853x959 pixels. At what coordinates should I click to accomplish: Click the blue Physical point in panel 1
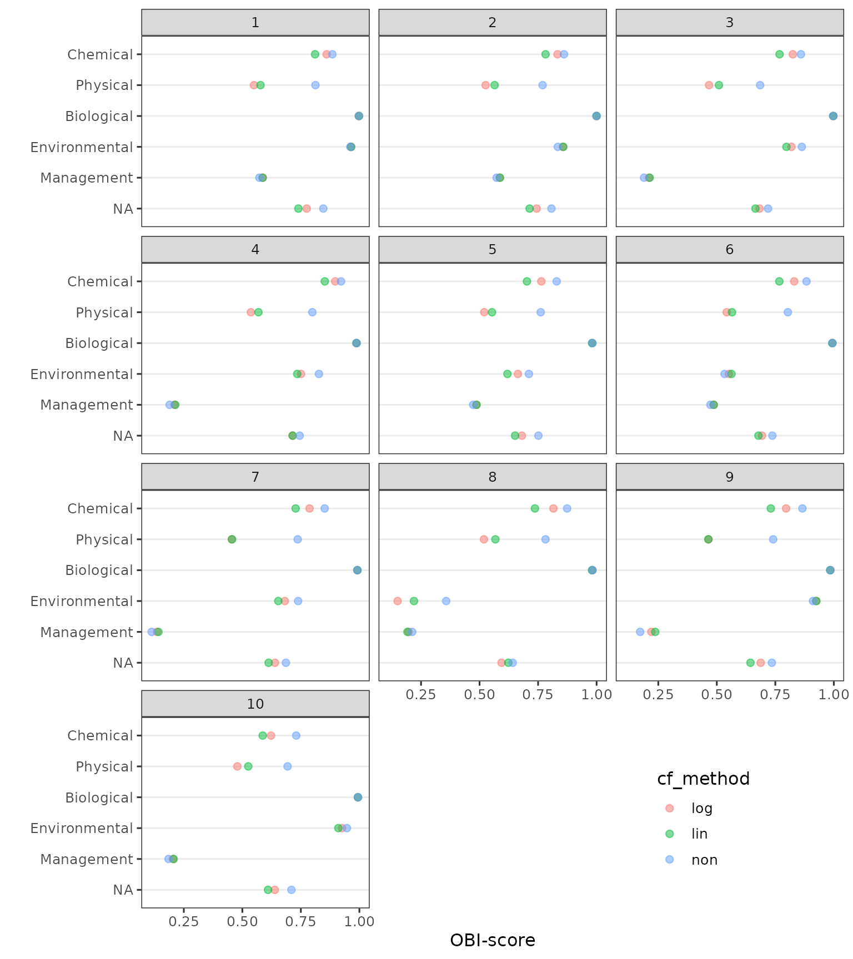[x=315, y=85]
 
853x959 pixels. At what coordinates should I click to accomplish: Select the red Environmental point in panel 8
[x=398, y=601]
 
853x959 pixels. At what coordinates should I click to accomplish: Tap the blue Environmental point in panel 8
[x=446, y=601]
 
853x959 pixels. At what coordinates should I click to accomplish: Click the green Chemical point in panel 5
[x=526, y=281]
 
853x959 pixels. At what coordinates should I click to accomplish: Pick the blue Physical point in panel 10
[x=288, y=766]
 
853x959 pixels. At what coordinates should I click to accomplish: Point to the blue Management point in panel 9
[x=640, y=632]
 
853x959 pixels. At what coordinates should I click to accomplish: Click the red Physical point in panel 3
[x=709, y=85]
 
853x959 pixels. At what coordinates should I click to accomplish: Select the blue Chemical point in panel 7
[x=324, y=508]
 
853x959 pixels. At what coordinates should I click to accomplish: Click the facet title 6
[x=730, y=250]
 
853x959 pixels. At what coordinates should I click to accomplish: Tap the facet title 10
[x=255, y=704]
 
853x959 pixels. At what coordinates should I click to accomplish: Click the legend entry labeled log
[x=701, y=808]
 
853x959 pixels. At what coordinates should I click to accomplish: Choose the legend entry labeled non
[x=704, y=860]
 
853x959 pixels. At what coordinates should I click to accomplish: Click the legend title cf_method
[x=703, y=779]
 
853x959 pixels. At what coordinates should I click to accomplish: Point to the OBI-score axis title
[x=493, y=940]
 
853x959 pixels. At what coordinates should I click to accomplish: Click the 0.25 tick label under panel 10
[x=184, y=921]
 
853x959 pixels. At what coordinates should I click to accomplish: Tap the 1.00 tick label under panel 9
[x=834, y=694]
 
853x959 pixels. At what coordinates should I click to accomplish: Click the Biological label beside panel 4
[x=99, y=344]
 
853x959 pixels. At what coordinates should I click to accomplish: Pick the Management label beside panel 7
[x=87, y=632]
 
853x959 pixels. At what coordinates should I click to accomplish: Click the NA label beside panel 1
[x=123, y=209]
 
